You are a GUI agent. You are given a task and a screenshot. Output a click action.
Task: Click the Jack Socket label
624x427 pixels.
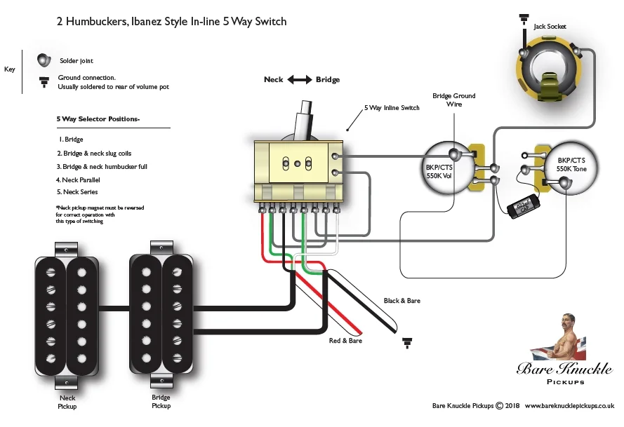pyautogui.click(x=550, y=27)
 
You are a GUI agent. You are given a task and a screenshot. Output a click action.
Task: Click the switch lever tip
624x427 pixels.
pyautogui.click(x=306, y=107)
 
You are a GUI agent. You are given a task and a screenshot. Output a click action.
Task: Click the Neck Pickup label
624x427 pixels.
pyautogui.click(x=67, y=402)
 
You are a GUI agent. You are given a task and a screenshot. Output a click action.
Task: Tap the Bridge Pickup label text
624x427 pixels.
pyautogui.click(x=161, y=401)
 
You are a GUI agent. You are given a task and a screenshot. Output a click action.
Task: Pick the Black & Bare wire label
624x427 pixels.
pyautogui.click(x=401, y=300)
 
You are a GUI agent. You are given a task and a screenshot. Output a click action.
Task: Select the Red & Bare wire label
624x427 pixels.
pyautogui.click(x=346, y=341)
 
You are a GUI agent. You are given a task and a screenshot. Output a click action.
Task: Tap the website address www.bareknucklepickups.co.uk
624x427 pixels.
pyautogui.click(x=569, y=406)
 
